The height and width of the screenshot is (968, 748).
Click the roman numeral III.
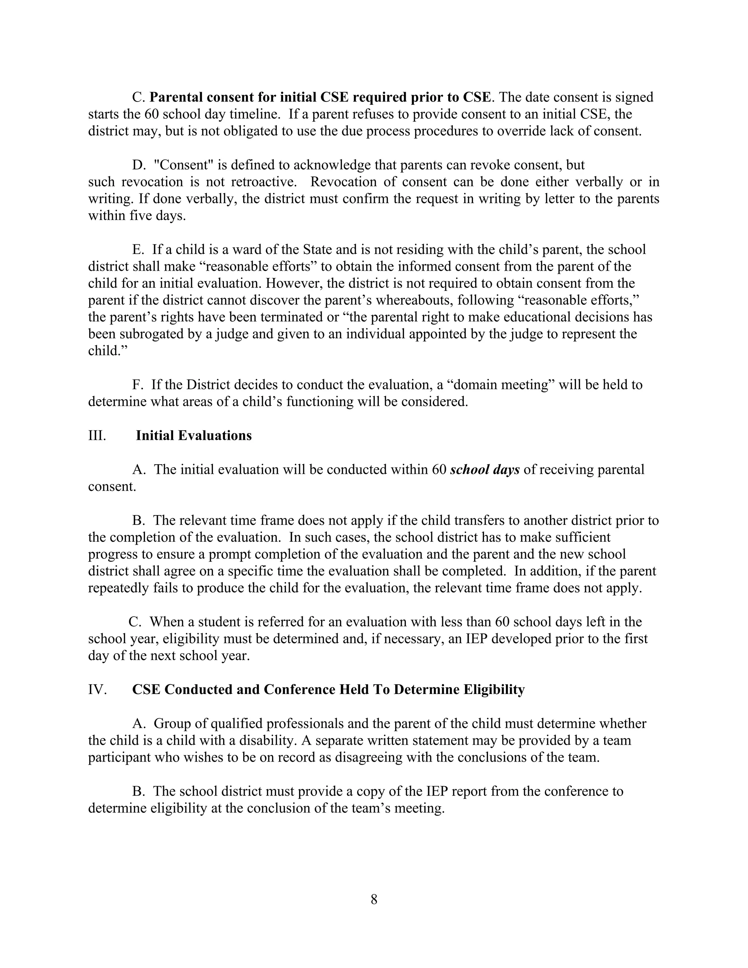tap(97, 436)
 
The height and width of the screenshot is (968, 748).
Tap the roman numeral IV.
tap(98, 690)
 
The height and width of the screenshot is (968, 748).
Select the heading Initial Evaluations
tap(194, 436)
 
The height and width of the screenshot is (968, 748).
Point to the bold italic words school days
tap(484, 470)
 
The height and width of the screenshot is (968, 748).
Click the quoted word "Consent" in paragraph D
tap(183, 165)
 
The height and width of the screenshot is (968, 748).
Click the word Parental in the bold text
tap(176, 97)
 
